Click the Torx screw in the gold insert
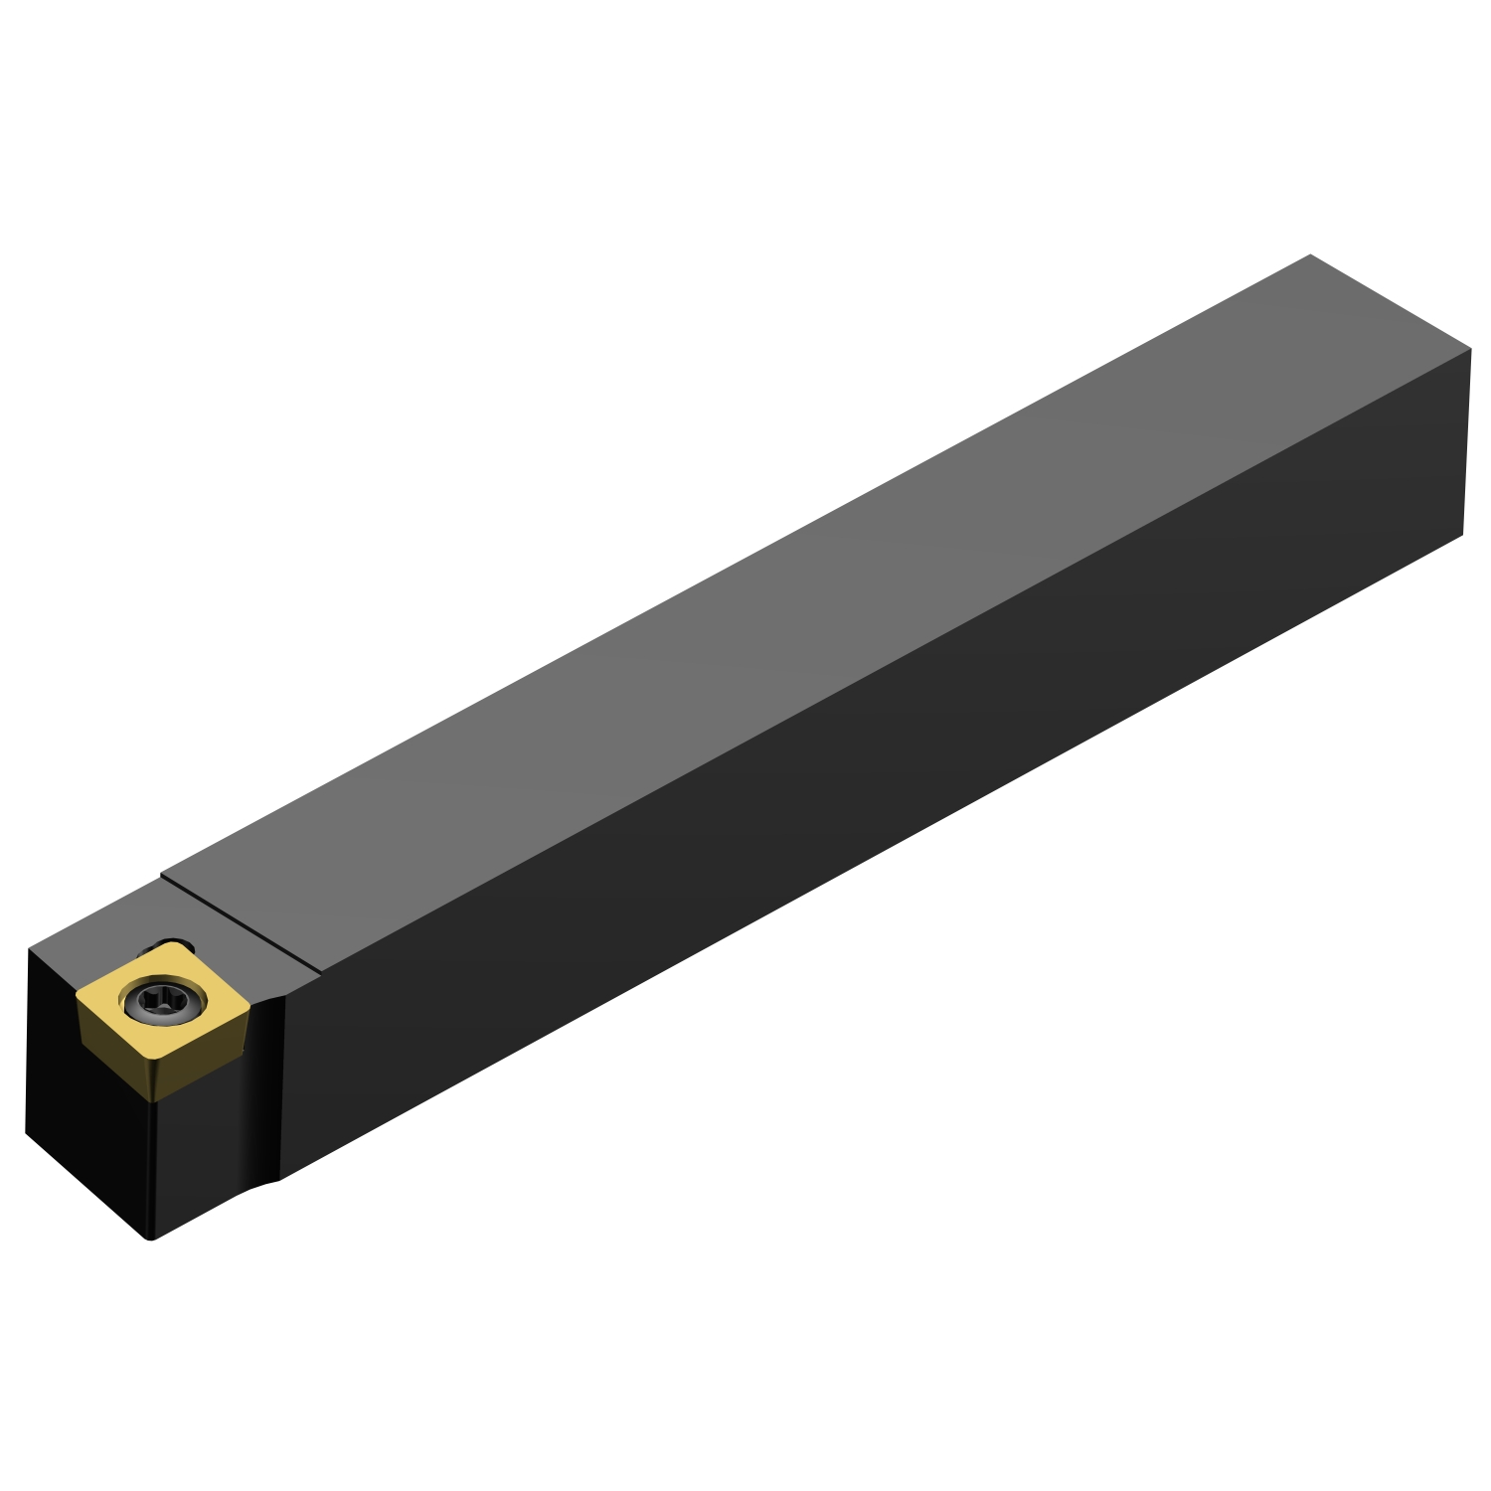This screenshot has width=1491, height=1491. pyautogui.click(x=161, y=1002)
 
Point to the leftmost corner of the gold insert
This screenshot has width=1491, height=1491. pyautogui.click(x=78, y=994)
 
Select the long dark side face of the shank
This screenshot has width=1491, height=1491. pyautogui.click(x=895, y=795)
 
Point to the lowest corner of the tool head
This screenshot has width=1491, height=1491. pyautogui.click(x=151, y=1239)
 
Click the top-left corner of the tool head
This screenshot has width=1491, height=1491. pyautogui.click(x=28, y=950)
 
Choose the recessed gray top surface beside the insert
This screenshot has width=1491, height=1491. pyautogui.click(x=99, y=934)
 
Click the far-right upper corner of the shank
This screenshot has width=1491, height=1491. pyautogui.click(x=1470, y=350)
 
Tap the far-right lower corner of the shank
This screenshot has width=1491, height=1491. pyautogui.click(x=1463, y=536)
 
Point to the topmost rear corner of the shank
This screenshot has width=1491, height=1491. pyautogui.click(x=1310, y=255)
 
